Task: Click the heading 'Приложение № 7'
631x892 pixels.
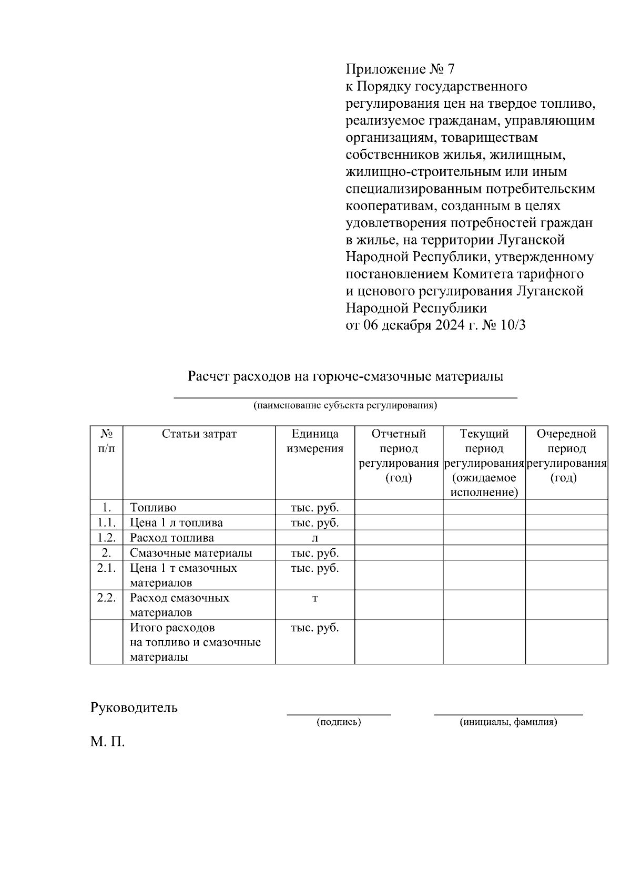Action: coord(400,69)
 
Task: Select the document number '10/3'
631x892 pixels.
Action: coord(513,325)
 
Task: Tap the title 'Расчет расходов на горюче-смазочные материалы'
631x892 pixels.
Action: coord(345,376)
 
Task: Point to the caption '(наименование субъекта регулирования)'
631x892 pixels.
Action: coord(345,405)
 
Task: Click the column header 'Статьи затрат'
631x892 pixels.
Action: coord(199,434)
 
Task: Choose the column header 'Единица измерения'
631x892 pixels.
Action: coord(315,441)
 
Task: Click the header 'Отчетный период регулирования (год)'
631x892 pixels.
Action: coord(399,455)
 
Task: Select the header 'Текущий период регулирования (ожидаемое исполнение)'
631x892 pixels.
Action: coord(484,463)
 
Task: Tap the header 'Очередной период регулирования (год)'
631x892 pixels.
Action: coord(566,455)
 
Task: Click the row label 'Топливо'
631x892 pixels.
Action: coord(153,508)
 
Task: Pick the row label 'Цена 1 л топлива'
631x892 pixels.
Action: coord(176,523)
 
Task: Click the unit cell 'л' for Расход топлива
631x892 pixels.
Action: coord(315,538)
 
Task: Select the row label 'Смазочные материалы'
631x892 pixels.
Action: coord(191,553)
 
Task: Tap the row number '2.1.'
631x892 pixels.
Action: coord(106,568)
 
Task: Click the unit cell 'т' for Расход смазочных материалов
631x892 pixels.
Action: coord(315,598)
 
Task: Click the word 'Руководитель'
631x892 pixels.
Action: coord(134,708)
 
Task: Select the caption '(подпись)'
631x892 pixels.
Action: coord(339,722)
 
